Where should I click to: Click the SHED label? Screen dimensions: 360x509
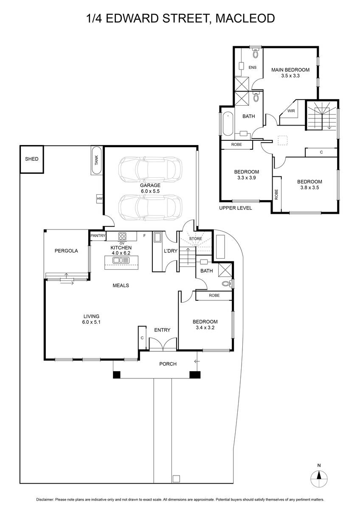(31, 159)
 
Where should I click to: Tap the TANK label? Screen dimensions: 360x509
(97, 160)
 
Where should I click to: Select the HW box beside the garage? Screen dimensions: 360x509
(100, 199)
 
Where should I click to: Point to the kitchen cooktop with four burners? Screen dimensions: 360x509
(122, 236)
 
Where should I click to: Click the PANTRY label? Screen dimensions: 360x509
(98, 236)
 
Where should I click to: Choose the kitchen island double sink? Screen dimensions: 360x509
(121, 260)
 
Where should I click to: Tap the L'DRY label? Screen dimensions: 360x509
(171, 251)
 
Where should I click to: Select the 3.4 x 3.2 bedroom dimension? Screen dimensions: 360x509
(205, 327)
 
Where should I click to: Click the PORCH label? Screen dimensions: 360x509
(168, 364)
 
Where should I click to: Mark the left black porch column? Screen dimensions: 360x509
(117, 375)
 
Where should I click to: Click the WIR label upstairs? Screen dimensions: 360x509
(291, 111)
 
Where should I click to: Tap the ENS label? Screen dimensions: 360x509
(253, 67)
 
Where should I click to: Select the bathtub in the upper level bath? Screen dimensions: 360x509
(228, 124)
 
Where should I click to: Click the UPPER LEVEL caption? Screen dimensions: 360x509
(236, 208)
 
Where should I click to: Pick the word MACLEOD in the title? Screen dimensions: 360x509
(245, 18)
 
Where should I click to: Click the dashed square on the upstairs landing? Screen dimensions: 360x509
(283, 140)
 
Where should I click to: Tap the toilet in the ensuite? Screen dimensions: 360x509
(256, 53)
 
